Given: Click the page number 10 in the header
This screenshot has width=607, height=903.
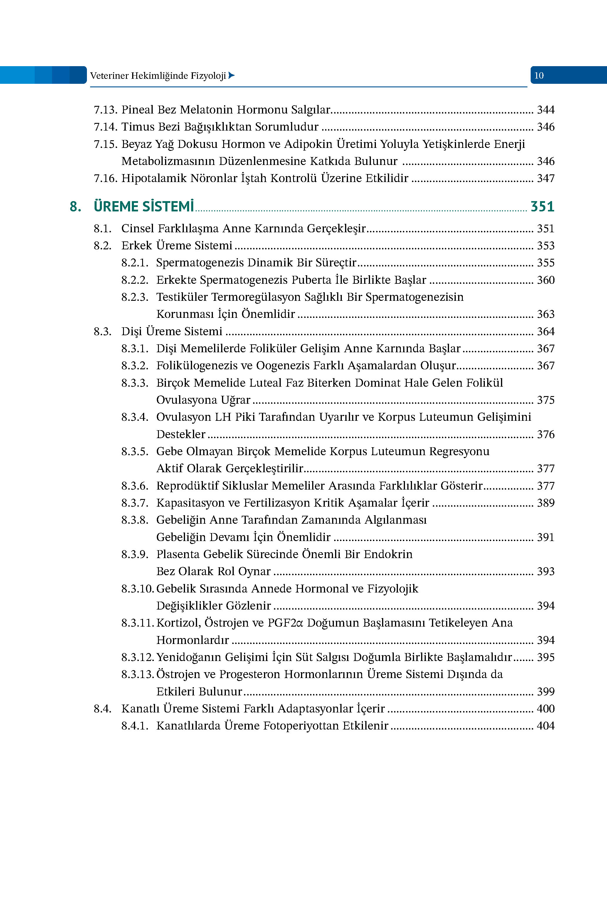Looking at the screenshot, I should (539, 76).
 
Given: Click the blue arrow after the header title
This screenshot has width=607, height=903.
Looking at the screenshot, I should (231, 75).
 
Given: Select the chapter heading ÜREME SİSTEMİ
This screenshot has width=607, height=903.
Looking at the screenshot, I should (144, 207).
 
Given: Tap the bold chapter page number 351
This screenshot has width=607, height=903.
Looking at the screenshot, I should (542, 207).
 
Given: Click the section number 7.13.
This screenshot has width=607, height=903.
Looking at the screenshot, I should (105, 110).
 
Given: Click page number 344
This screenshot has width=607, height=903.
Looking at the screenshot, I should (545, 110).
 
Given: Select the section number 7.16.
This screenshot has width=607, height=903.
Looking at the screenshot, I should (105, 178).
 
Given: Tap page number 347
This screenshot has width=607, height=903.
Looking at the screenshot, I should (545, 178).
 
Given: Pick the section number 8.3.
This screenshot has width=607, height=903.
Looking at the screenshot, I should (102, 331).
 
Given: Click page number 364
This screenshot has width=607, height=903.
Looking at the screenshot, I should (545, 331).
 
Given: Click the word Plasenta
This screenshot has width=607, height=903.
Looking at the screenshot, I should (178, 554).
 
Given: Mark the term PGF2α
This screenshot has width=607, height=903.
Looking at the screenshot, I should (286, 623).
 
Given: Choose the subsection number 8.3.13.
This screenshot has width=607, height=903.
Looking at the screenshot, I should (138, 674).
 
